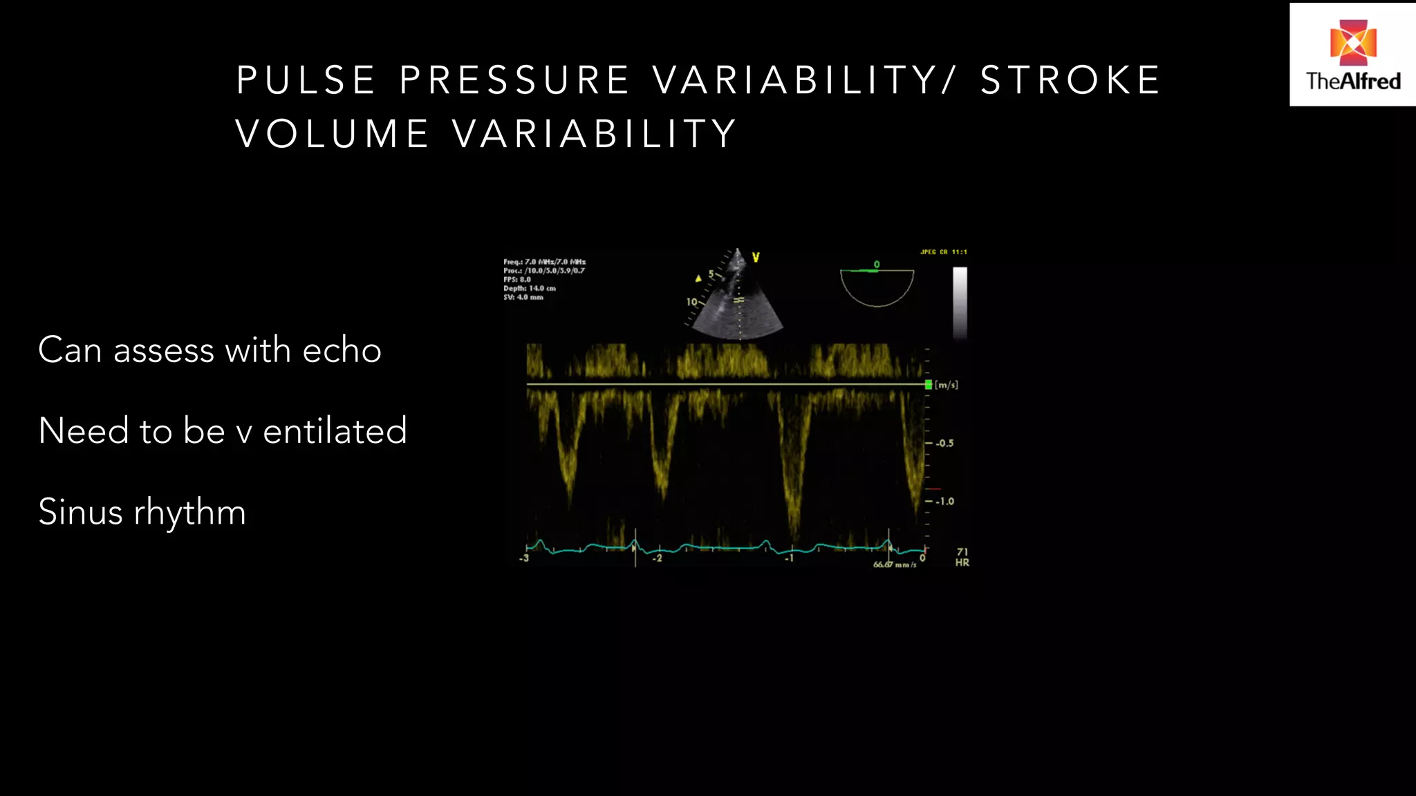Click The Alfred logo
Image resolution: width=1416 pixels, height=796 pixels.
1352,55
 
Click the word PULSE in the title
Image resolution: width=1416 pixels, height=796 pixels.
306,80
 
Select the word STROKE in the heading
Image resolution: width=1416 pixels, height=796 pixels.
1070,80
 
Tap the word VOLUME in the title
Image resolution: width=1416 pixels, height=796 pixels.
332,133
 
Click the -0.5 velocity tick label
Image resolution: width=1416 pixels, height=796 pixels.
944,443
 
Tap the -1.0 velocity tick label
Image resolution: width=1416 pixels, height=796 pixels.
944,501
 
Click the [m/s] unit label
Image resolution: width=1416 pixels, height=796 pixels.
947,385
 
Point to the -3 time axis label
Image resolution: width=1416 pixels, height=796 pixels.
524,558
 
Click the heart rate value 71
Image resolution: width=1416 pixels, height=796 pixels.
962,551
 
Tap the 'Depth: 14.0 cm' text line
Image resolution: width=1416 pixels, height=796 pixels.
530,288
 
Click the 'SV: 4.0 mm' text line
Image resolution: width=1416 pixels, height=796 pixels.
523,297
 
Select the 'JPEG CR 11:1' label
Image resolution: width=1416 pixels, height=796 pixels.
943,252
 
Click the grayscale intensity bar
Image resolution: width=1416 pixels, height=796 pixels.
960,303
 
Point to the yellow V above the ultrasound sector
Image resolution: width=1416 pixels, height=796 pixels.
756,258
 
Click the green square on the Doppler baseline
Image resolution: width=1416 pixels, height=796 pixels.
929,384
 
